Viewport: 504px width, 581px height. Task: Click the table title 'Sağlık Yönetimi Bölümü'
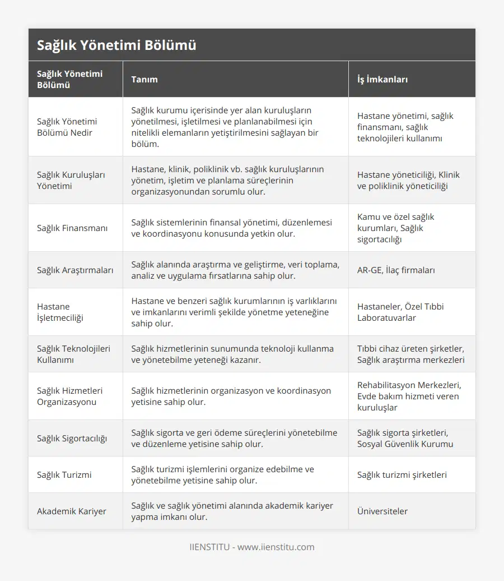click(x=116, y=45)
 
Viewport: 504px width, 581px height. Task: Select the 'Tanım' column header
click(x=144, y=79)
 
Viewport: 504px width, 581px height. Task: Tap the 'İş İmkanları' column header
click(x=382, y=79)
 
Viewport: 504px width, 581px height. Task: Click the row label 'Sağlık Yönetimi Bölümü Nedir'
click(x=67, y=127)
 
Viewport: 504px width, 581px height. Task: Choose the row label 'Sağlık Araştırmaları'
click(x=75, y=270)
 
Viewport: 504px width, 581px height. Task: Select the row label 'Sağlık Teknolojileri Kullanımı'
click(x=73, y=354)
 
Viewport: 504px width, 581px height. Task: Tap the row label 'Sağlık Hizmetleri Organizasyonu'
click(x=69, y=396)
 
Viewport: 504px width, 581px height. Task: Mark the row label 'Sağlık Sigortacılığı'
click(x=72, y=438)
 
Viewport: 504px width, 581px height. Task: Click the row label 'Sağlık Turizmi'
click(x=64, y=474)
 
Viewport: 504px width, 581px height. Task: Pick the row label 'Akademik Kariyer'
click(x=72, y=511)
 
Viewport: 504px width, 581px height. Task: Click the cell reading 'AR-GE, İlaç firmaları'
click(x=396, y=270)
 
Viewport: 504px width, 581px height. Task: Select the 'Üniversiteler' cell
click(x=382, y=511)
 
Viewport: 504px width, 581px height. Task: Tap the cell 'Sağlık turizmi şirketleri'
click(x=402, y=474)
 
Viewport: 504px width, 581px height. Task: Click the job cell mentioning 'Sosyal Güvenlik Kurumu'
click(x=405, y=438)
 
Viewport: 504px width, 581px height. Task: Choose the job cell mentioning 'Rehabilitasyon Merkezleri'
click(x=408, y=396)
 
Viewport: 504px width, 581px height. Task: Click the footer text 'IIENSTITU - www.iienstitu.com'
click(x=252, y=547)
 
